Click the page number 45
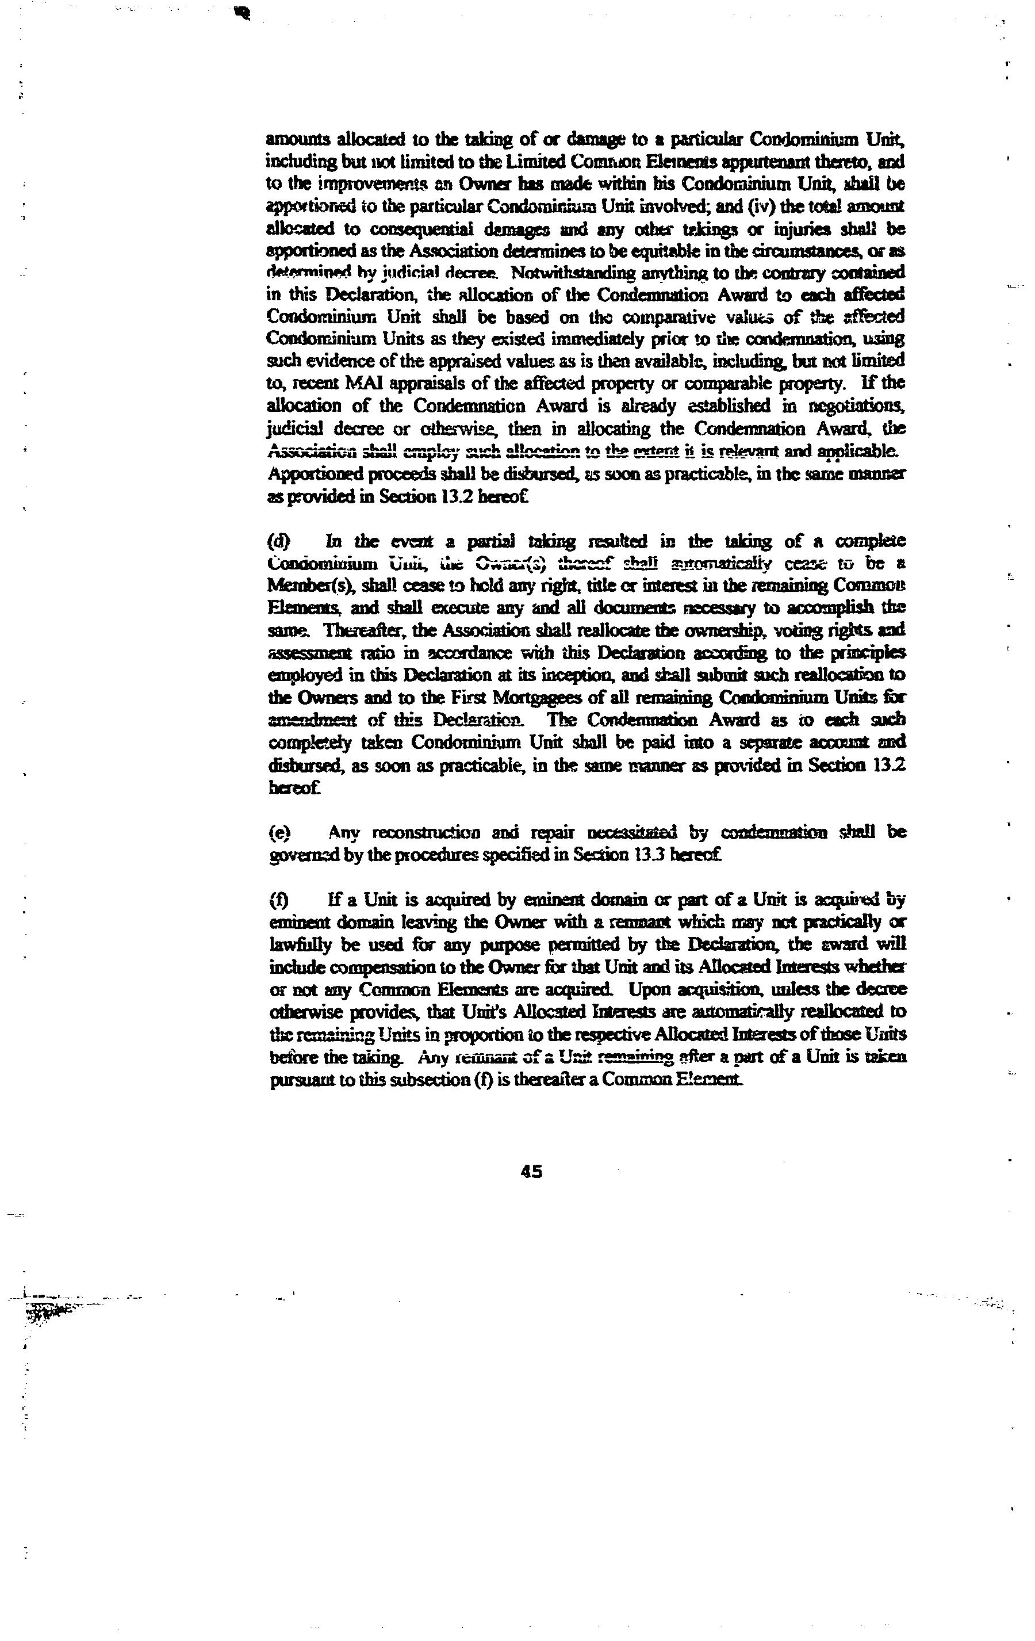click(531, 1172)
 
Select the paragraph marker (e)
click(279, 833)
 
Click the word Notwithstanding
click(581, 273)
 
